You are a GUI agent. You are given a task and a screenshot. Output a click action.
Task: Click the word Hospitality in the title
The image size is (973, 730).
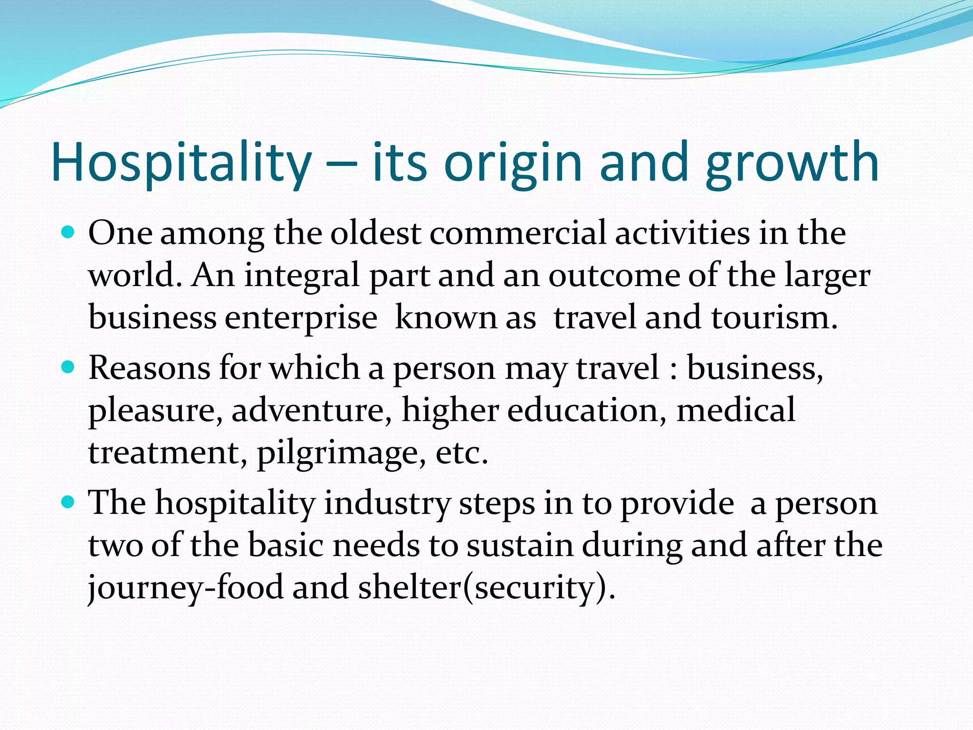click(x=181, y=163)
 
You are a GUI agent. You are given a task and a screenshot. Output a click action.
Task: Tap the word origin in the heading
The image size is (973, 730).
click(x=513, y=163)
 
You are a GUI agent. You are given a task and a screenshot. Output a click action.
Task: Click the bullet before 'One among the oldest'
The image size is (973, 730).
click(x=68, y=232)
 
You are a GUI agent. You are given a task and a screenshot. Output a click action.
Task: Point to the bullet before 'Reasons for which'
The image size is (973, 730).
click(x=68, y=367)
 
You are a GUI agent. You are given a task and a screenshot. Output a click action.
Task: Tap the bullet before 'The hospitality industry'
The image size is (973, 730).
click(x=68, y=502)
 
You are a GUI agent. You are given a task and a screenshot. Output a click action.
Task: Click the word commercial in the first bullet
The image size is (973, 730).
click(x=518, y=233)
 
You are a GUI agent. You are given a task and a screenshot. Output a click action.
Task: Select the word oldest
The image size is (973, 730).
click(x=375, y=233)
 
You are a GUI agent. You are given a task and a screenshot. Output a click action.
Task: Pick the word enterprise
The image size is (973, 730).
click(x=301, y=317)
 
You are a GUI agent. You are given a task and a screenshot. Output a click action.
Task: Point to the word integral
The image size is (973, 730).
click(x=302, y=276)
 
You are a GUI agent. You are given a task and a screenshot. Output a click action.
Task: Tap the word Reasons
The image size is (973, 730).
click(x=149, y=368)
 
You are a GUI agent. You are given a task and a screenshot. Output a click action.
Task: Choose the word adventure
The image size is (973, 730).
click(x=312, y=410)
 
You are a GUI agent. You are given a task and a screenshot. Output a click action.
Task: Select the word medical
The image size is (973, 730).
click(x=736, y=410)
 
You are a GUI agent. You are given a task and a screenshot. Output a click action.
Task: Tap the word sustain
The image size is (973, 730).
click(x=520, y=545)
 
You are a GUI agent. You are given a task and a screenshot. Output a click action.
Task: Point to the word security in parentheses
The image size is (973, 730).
click(x=534, y=587)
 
